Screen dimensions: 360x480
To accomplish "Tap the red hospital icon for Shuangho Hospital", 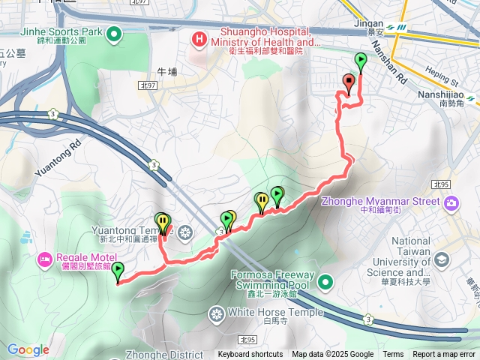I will tap(200, 38).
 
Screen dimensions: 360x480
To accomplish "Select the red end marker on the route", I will tap(348, 82).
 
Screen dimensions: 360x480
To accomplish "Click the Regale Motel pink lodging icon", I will tap(44, 259).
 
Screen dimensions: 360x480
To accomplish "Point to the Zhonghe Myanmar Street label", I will tap(381, 201).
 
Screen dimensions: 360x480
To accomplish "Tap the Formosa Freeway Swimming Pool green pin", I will tap(325, 282).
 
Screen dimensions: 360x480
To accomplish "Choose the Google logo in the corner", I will tap(28, 349).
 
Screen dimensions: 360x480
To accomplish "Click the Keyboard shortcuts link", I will tap(250, 355).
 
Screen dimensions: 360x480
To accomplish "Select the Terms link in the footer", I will tap(393, 355).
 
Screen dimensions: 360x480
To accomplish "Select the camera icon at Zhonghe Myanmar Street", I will tap(451, 202).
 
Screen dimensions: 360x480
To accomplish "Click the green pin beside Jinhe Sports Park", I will tap(114, 32).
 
